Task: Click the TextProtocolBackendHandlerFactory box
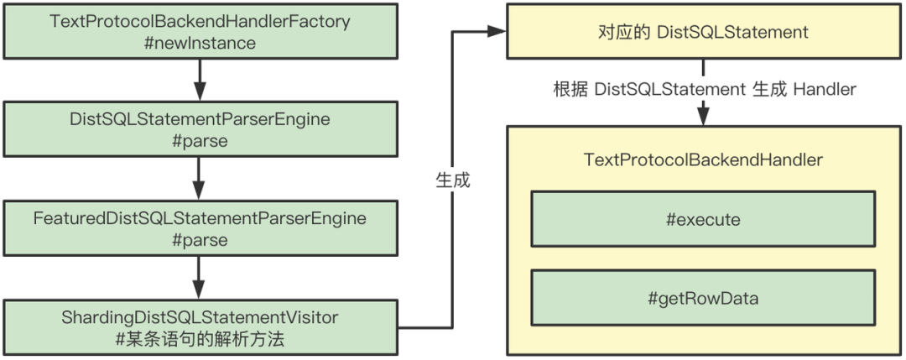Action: (x=200, y=32)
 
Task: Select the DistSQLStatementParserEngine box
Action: (x=200, y=130)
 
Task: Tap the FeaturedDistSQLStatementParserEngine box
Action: (x=200, y=228)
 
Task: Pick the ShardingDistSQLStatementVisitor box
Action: (x=200, y=327)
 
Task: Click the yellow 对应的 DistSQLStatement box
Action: (x=703, y=32)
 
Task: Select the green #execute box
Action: (x=703, y=220)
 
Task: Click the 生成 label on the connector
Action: (x=453, y=180)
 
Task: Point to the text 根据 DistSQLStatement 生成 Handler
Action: (x=703, y=89)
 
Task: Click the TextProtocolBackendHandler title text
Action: (x=703, y=159)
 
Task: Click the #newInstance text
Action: (x=200, y=43)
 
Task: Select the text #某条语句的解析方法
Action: (x=200, y=338)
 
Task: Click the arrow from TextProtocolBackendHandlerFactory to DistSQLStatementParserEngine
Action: (x=200, y=81)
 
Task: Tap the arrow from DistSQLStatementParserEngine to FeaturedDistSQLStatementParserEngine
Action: (x=200, y=179)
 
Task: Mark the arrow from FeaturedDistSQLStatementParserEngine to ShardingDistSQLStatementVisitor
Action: (x=200, y=277)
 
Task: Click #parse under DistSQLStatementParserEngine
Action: (x=200, y=141)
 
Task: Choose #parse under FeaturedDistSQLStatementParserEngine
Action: (x=200, y=240)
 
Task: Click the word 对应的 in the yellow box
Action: (x=620, y=32)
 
